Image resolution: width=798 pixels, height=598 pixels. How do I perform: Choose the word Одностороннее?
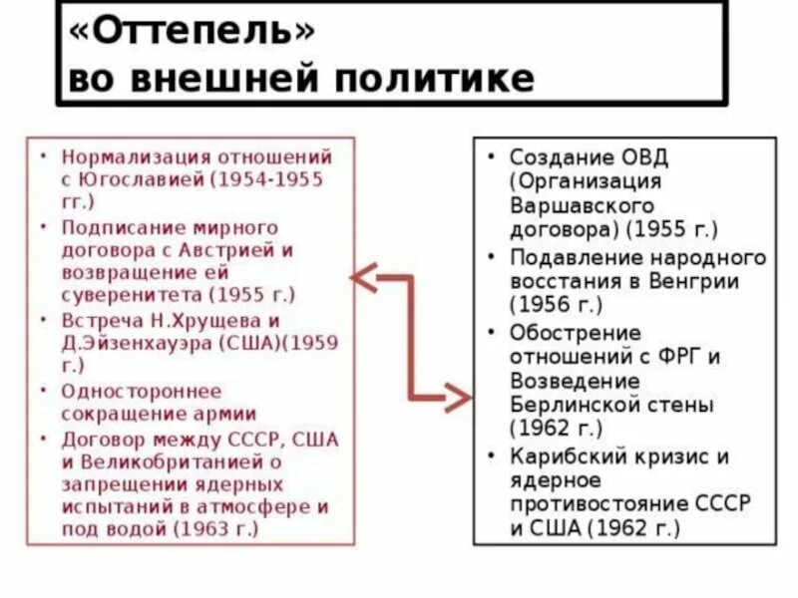[x=142, y=391]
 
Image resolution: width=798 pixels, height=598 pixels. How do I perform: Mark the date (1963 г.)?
[x=216, y=529]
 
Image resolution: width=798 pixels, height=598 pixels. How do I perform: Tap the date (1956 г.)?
[x=557, y=305]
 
